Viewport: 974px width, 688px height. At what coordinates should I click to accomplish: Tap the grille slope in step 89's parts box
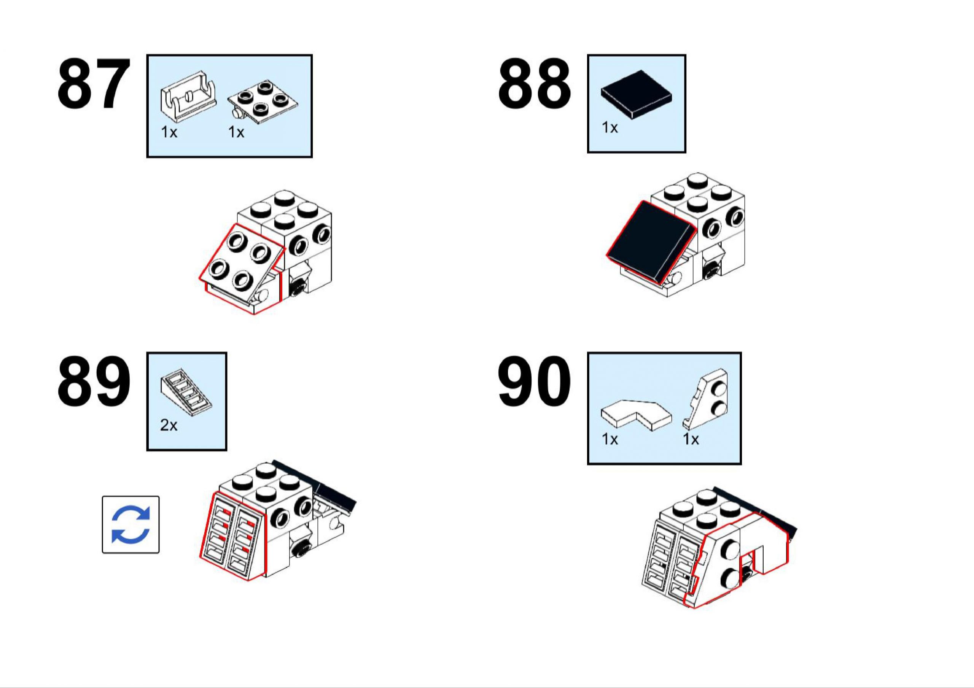point(186,392)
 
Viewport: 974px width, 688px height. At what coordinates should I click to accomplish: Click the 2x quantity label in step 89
point(169,424)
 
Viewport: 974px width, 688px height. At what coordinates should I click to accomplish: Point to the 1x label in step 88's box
point(610,127)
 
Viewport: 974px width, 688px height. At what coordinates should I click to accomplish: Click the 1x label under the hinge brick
point(169,132)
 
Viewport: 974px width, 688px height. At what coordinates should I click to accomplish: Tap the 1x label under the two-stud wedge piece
point(691,439)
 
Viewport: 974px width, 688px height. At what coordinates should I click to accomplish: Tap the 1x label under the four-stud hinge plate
point(236,132)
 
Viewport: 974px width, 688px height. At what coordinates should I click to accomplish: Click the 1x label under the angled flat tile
point(610,439)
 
